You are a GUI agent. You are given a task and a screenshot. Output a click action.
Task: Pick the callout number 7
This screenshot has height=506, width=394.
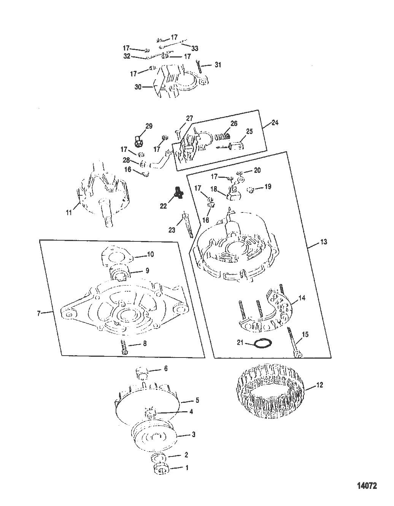[x=39, y=313]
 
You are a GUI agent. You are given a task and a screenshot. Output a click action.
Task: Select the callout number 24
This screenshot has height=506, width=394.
[x=275, y=123]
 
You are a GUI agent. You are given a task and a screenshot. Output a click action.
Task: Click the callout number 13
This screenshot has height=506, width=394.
[x=324, y=242]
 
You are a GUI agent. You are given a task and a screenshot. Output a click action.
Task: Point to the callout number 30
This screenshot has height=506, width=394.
[x=138, y=87]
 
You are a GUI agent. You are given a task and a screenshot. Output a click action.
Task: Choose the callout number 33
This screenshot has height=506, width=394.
[x=194, y=48]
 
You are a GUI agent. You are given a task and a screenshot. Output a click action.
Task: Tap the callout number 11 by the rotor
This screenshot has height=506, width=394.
[x=68, y=212]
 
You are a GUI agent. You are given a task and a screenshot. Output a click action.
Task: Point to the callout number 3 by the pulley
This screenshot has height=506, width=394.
[x=193, y=434]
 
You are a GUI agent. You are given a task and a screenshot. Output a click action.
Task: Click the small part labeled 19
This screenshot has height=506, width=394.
[x=251, y=190]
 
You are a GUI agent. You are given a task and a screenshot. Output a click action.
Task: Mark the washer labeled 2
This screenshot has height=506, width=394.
[x=157, y=457]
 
